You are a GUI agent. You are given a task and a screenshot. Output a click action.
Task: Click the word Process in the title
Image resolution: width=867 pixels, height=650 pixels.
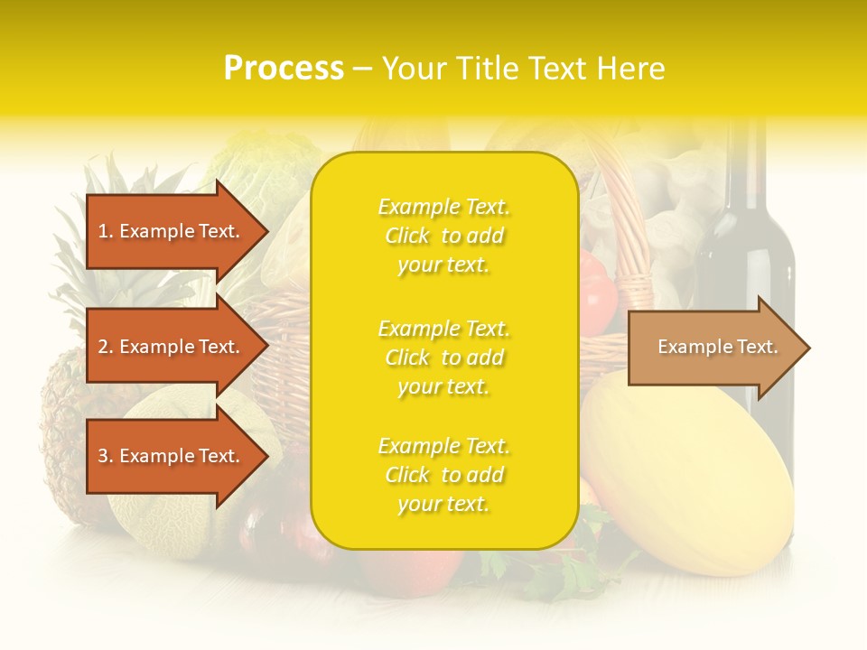coord(284,68)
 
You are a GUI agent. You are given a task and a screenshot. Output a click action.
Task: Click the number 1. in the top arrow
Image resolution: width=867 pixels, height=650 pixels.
coord(106,231)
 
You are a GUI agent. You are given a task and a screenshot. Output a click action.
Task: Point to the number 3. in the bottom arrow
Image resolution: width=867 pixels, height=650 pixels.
coord(106,456)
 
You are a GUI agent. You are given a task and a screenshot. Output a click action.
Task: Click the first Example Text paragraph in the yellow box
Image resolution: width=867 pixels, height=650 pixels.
coord(443,236)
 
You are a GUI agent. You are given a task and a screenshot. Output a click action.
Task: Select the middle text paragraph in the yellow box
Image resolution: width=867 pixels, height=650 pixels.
coord(443,357)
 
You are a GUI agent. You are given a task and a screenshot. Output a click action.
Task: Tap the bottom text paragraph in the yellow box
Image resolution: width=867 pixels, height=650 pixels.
coord(443,475)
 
